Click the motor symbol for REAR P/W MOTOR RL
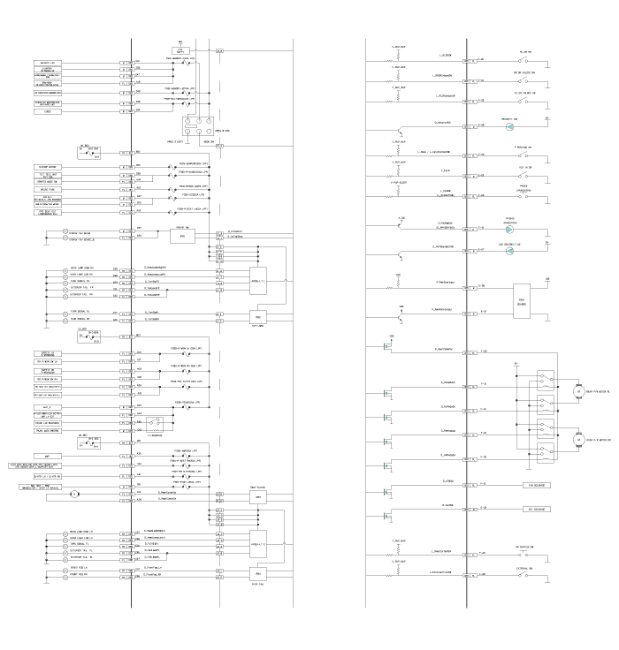[x=580, y=389]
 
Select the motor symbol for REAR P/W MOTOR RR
[x=580, y=439]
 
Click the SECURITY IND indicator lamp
[x=509, y=125]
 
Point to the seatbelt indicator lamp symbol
[x=509, y=251]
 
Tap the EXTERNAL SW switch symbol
[x=527, y=576]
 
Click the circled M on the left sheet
[x=75, y=494]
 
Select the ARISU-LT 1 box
[x=258, y=281]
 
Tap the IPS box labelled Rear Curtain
[x=258, y=497]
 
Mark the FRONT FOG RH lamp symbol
[x=64, y=575]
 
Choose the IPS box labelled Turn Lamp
[x=258, y=316]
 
